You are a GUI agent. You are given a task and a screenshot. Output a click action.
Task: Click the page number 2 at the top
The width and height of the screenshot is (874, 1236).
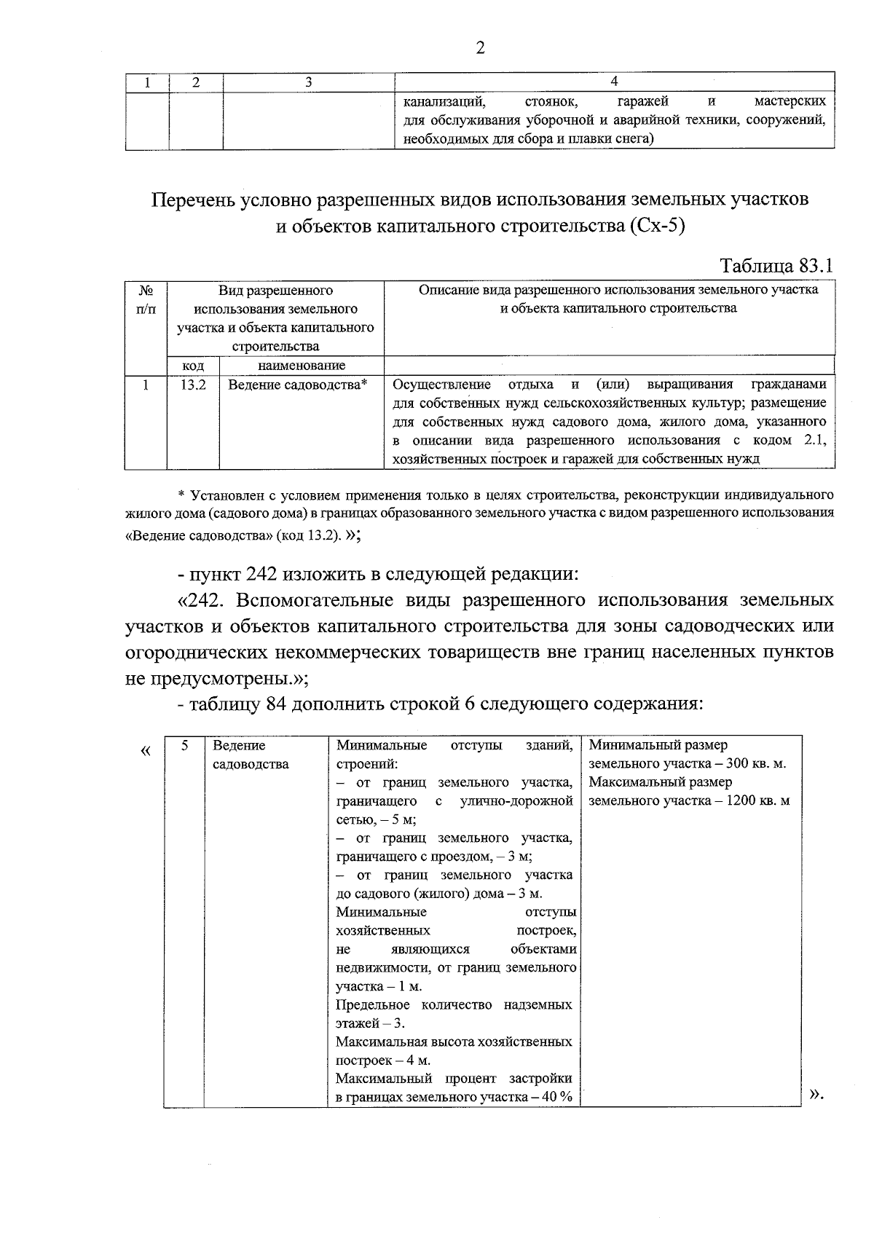click(x=479, y=49)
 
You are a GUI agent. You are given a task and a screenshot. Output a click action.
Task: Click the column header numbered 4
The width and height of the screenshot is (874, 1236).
click(x=615, y=82)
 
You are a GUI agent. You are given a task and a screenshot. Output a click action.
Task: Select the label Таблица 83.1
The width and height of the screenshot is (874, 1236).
click(x=776, y=266)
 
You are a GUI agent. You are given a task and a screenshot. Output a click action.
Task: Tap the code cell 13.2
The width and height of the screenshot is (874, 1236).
click(x=193, y=385)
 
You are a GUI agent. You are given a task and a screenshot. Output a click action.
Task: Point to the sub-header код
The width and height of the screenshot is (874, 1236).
click(x=193, y=366)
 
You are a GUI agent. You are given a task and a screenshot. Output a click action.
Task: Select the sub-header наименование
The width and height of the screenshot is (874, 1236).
click(x=302, y=366)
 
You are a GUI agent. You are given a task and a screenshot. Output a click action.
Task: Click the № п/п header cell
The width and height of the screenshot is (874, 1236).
click(x=146, y=299)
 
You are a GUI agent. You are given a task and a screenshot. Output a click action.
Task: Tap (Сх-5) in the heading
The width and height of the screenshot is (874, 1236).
click(x=655, y=226)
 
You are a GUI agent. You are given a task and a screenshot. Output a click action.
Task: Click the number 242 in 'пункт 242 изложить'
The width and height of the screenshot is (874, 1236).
click(x=261, y=575)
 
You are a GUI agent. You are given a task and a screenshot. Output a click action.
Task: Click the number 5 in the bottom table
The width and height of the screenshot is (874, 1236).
click(x=184, y=745)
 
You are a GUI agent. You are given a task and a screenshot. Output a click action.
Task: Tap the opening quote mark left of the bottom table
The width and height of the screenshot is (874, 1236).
click(x=146, y=750)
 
